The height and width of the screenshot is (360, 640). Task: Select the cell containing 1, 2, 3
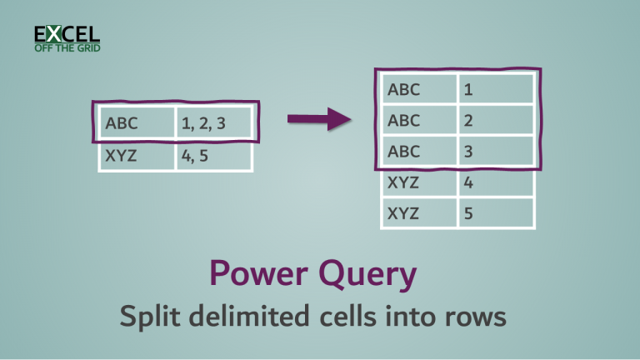(x=212, y=125)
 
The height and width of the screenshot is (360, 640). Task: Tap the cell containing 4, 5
(x=212, y=155)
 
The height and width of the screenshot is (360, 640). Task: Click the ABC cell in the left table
(x=137, y=125)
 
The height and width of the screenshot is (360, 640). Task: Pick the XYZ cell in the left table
(x=137, y=155)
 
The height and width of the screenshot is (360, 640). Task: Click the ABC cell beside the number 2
(x=417, y=120)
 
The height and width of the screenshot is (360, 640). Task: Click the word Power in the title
(x=253, y=272)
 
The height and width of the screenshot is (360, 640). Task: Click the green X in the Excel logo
(x=54, y=33)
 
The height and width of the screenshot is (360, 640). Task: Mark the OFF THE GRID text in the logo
(x=67, y=47)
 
